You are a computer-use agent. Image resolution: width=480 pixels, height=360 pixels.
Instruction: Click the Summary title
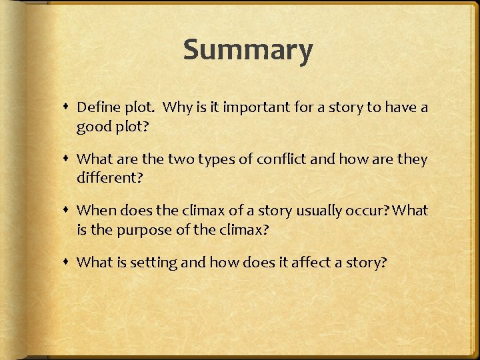pyautogui.click(x=248, y=51)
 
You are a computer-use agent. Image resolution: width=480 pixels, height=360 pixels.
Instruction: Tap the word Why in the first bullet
pyautogui.click(x=178, y=107)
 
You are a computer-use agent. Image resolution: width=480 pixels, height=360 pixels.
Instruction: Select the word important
pyautogui.click(x=252, y=107)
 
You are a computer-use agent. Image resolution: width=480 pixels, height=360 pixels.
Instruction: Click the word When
pyautogui.click(x=96, y=211)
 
